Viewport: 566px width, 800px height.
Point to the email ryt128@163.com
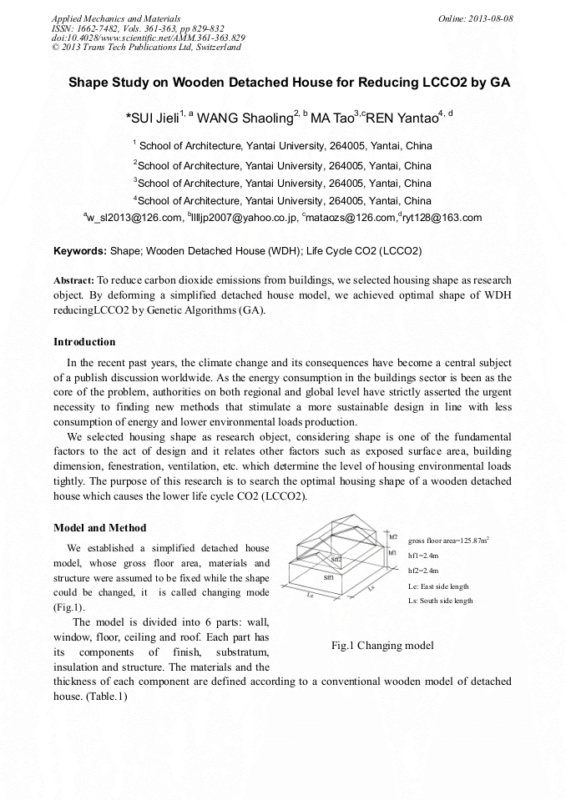click(443, 218)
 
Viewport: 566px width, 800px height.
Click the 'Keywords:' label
click(80, 250)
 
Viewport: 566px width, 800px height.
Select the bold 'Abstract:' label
click(73, 281)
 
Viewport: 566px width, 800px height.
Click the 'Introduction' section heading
click(84, 342)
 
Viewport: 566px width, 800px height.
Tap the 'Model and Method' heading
click(99, 527)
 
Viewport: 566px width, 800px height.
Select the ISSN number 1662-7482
click(95, 28)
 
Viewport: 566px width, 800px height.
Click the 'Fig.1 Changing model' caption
click(382, 646)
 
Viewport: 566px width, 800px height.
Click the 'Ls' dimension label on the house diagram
click(371, 589)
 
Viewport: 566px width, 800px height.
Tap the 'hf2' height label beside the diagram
click(393, 538)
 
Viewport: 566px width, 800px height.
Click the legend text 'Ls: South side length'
click(440, 601)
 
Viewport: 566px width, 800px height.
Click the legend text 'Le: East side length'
click(438, 586)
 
